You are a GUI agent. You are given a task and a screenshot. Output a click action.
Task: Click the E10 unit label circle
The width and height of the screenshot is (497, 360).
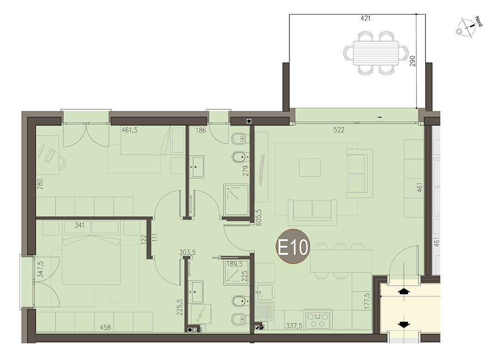[x=293, y=246]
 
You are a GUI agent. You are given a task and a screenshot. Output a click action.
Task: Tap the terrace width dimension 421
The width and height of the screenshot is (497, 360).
[x=365, y=18]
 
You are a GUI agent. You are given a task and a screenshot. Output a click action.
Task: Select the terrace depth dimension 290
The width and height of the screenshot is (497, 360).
[x=412, y=61]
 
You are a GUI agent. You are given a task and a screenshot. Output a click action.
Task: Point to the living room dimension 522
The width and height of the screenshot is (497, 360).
[x=339, y=130]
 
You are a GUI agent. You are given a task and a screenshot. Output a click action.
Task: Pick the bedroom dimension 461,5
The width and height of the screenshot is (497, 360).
[x=130, y=130]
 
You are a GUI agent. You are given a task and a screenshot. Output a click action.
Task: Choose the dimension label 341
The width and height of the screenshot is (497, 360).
[x=79, y=225]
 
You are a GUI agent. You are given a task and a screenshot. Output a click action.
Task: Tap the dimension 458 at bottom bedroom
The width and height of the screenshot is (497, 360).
[x=105, y=327]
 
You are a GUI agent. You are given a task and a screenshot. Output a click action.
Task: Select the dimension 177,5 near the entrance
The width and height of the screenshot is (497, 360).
[x=367, y=301]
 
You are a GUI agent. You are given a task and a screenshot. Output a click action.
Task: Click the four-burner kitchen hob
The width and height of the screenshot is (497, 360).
[x=317, y=320]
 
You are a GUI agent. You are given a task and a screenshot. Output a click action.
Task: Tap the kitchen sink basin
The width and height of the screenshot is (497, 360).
[x=265, y=292]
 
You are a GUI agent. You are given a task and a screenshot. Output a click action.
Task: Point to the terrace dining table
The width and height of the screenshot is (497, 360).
[x=376, y=53]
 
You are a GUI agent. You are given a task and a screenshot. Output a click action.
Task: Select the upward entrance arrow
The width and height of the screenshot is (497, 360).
[x=405, y=291]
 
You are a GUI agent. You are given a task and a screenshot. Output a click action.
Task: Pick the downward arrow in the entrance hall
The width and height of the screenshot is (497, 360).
[x=404, y=324]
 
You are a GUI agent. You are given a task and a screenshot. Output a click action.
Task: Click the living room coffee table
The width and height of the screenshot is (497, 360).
[x=310, y=167]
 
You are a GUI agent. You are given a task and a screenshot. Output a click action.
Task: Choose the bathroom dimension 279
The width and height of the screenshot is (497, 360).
[x=246, y=171]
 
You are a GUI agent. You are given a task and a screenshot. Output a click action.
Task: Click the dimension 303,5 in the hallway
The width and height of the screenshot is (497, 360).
[x=188, y=252]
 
